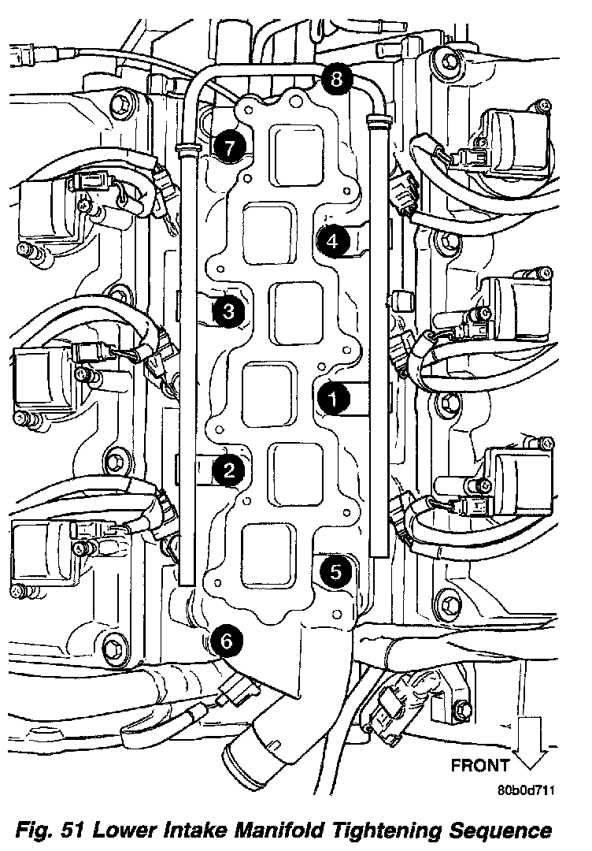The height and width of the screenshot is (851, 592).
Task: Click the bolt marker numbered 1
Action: pos(333,399)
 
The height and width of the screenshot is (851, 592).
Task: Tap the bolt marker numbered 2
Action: pos(229,470)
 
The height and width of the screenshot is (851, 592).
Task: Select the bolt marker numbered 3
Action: pos(228,311)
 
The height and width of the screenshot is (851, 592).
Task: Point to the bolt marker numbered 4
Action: pos(332,240)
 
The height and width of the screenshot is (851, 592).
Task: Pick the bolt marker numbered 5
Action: pos(335,571)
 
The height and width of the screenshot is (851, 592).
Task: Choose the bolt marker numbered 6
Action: pos(228,641)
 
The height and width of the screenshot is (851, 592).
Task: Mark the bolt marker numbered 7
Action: pos(230,147)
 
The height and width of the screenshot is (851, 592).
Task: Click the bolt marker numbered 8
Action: pos(336,80)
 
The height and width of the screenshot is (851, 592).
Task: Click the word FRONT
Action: pos(480,765)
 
